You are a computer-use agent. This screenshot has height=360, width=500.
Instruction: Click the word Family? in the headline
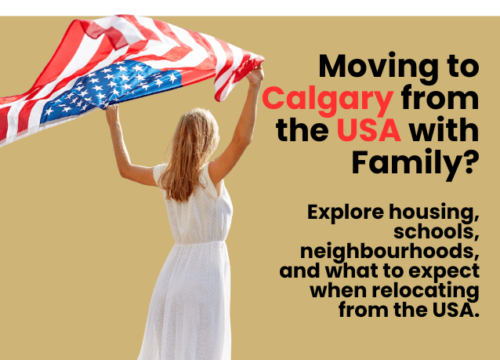415,162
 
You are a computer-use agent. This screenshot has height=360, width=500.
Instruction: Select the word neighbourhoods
389,252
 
